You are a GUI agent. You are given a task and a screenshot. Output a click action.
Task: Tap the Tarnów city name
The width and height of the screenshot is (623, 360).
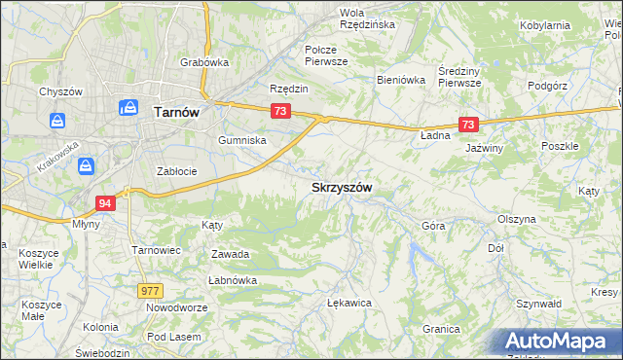click(x=176, y=112)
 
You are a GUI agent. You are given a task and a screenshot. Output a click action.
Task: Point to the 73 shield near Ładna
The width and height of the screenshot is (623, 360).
click(x=469, y=125)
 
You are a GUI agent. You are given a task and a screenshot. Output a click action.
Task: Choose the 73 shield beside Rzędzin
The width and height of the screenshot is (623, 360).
click(x=280, y=112)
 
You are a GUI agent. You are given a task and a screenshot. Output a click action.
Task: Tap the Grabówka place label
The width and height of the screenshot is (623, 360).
click(x=204, y=62)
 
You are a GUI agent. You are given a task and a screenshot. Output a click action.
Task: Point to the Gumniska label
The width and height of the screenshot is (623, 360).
click(x=242, y=140)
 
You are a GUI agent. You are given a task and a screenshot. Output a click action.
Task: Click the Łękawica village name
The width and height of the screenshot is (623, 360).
click(x=350, y=303)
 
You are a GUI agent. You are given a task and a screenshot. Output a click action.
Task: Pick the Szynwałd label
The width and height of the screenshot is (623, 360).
click(x=568, y=304)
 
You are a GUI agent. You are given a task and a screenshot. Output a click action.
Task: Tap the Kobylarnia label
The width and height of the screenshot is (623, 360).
click(x=572, y=25)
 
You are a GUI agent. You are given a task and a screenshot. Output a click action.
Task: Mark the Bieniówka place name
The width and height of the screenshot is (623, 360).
click(x=402, y=80)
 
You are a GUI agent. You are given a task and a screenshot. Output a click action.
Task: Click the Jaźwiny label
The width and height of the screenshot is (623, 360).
click(x=484, y=148)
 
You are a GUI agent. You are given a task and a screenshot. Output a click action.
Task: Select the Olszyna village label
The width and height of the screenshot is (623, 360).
click(x=516, y=219)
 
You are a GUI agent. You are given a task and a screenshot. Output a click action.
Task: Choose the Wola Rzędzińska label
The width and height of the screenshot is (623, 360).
click(x=366, y=18)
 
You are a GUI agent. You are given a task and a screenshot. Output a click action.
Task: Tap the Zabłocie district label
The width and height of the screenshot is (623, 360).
click(x=177, y=171)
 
